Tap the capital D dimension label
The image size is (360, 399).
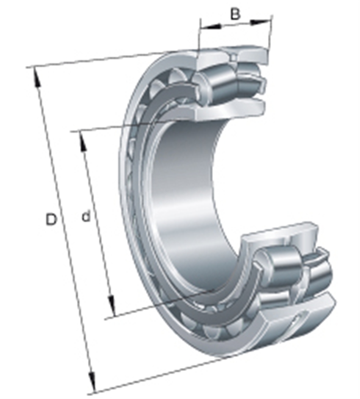pos(51,219)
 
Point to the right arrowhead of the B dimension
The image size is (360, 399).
pos(260,22)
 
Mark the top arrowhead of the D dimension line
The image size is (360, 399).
pos(37,78)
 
